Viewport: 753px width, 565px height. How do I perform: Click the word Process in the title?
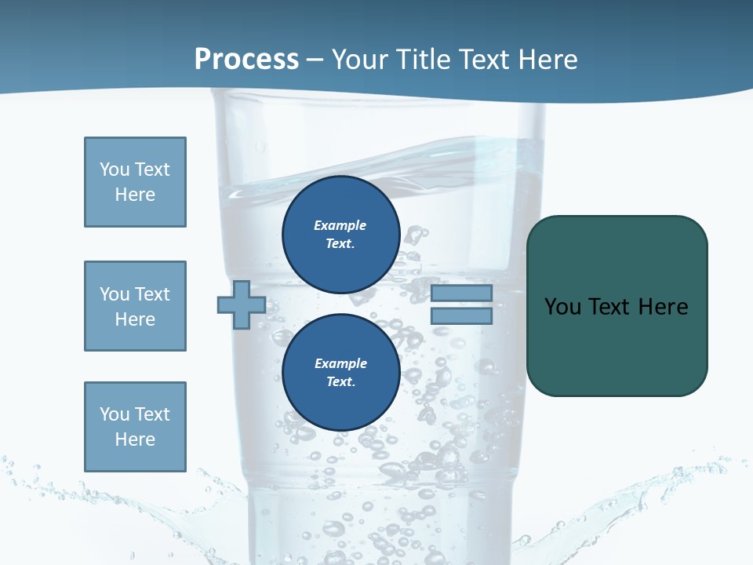[246, 60]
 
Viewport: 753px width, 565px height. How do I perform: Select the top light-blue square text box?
[135, 182]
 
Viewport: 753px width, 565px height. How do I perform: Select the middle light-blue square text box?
[135, 306]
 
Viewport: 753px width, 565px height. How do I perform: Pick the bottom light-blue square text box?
[135, 427]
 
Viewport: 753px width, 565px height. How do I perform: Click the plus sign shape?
[242, 304]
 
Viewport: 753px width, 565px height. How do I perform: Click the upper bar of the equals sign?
[461, 293]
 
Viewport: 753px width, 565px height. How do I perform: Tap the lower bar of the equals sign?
[461, 316]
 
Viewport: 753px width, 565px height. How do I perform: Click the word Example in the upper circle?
[340, 225]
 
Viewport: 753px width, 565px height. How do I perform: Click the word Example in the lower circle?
[340, 363]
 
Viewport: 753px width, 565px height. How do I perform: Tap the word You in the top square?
[115, 169]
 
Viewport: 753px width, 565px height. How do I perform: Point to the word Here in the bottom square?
[135, 439]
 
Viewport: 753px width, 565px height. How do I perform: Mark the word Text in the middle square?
[151, 294]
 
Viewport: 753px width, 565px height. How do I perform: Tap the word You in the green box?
[562, 307]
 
